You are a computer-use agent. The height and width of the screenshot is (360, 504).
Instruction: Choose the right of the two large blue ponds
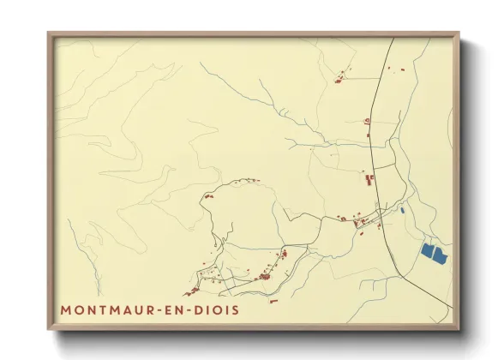tap(441, 255)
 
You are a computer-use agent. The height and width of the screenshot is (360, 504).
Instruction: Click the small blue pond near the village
tap(402, 208)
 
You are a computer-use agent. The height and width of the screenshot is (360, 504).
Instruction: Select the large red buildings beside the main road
tap(370, 180)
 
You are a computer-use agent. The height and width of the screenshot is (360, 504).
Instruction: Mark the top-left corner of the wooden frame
tap(49, 34)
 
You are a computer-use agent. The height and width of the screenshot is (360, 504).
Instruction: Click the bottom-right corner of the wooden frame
tap(458, 328)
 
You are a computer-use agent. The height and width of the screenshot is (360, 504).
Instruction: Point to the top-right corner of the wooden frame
tap(458, 34)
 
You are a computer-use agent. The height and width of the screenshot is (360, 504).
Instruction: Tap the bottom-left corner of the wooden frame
tap(49, 328)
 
